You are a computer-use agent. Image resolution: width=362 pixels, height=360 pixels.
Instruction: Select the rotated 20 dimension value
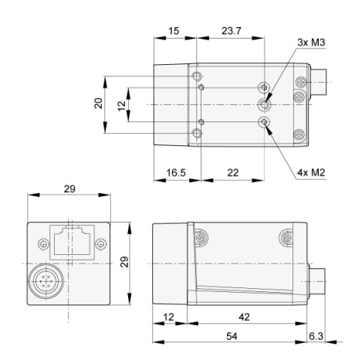tap(99, 104)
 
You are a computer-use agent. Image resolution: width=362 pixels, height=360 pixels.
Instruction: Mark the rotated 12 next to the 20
tap(121, 104)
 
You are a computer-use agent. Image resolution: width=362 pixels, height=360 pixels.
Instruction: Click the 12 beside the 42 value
tap(170, 317)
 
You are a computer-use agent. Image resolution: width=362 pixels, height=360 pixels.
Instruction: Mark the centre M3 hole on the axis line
tap(265, 104)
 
